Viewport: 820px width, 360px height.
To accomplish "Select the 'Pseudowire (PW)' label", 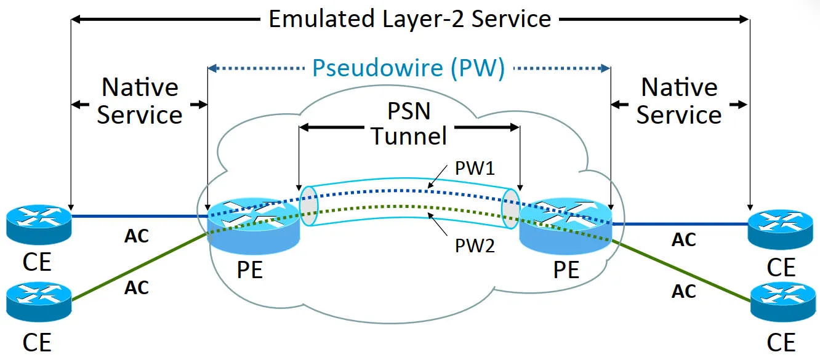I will pyautogui.click(x=409, y=68).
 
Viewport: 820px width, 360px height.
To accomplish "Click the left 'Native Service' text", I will pyautogui.click(x=140, y=101).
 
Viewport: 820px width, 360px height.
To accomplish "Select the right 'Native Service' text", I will pyautogui.click(x=679, y=101).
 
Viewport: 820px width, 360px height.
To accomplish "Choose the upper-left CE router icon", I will pyautogui.click(x=39, y=225).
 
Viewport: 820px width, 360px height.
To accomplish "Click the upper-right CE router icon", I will pyautogui.click(x=780, y=228).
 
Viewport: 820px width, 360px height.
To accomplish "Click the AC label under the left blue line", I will pyautogui.click(x=137, y=236).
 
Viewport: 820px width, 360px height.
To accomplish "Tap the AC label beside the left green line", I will pyautogui.click(x=137, y=287).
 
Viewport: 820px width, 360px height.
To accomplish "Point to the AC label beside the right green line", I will pyautogui.click(x=683, y=290).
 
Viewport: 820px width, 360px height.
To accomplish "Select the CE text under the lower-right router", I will pyautogui.click(x=781, y=342).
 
